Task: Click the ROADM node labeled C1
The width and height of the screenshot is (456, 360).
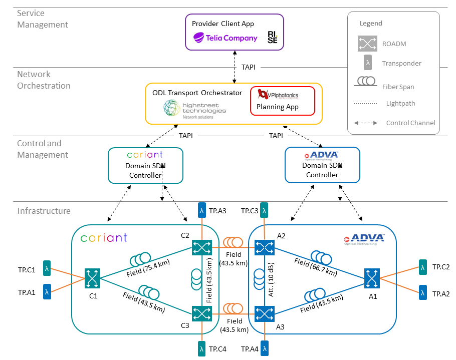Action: [x=93, y=278]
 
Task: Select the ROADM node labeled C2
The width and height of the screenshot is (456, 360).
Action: [x=201, y=247]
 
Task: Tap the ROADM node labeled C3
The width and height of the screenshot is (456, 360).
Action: [x=201, y=313]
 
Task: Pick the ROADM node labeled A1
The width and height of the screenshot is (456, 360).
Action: [x=371, y=277]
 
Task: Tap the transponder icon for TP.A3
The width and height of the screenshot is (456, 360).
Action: [x=201, y=210]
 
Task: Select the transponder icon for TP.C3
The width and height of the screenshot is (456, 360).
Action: [x=264, y=210]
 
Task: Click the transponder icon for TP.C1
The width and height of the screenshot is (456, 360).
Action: [x=47, y=269]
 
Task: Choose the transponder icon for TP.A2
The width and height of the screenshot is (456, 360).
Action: [x=422, y=293]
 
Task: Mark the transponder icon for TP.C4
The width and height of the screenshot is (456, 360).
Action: [x=201, y=348]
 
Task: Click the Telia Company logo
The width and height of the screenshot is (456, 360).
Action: [x=225, y=38]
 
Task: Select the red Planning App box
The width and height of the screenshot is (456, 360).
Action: [x=282, y=101]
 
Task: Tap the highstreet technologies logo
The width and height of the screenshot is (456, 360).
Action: [x=194, y=109]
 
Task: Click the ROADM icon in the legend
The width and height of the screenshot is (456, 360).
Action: [x=367, y=43]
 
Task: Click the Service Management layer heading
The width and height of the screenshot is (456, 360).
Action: [x=43, y=19]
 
